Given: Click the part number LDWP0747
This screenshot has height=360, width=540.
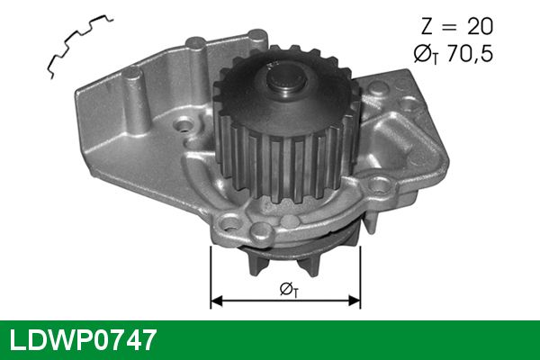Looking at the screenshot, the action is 83,340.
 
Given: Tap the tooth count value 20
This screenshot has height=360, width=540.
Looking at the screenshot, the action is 480,26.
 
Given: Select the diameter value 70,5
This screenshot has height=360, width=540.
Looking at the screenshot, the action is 470,53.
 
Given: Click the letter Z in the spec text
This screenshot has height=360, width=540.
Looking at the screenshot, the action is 427,26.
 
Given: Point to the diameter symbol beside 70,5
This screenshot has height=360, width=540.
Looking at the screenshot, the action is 426,54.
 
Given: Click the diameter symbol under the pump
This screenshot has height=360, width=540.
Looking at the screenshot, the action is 289,290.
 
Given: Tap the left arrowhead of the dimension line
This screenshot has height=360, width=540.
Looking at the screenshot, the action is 216,301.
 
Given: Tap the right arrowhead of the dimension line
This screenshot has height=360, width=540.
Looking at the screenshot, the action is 354,301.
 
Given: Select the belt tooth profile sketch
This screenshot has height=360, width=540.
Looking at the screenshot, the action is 79,46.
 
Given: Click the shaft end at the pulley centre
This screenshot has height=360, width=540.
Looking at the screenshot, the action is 286,82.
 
